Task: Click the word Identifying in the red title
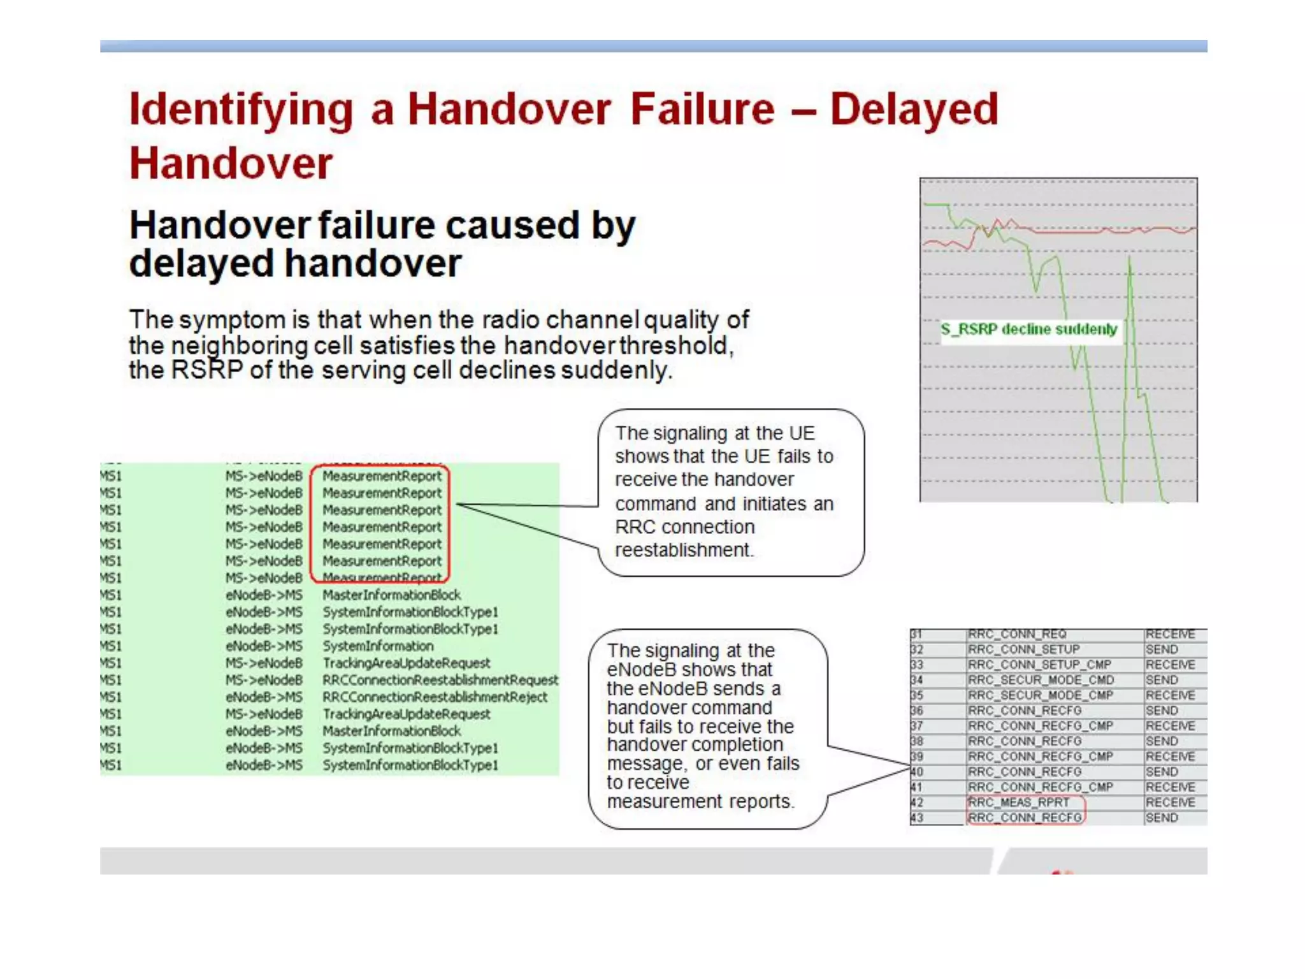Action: [241, 110]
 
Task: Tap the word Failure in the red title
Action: [702, 110]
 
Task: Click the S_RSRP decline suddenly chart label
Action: [1028, 330]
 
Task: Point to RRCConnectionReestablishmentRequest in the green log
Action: [440, 680]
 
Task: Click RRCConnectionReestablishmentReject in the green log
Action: [435, 697]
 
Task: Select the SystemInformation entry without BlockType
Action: [378, 646]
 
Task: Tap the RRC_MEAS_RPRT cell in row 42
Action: [1018, 802]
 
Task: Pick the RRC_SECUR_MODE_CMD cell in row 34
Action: [1041, 680]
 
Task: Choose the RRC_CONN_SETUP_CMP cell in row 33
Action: [1039, 665]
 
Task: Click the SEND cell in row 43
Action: [1162, 818]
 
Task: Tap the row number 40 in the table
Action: [917, 772]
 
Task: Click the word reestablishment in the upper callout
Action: [683, 550]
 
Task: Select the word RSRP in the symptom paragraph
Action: [207, 370]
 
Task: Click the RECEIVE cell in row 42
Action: [1170, 802]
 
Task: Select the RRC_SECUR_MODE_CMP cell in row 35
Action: [1041, 695]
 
